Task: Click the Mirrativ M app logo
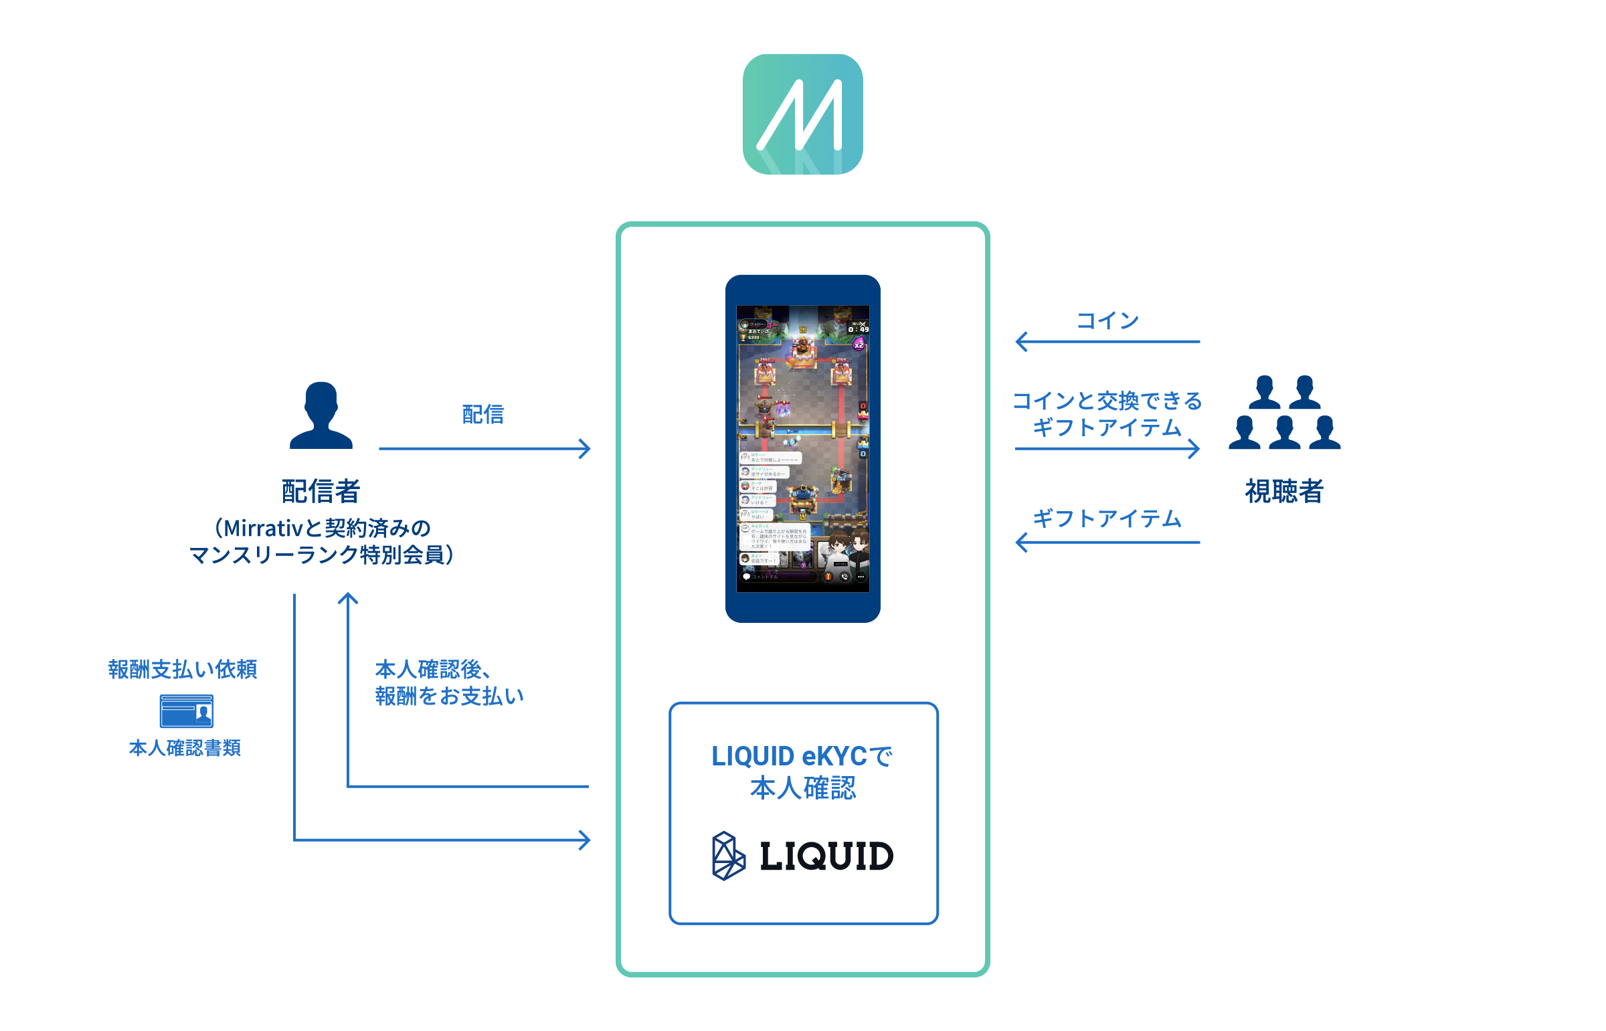point(802,114)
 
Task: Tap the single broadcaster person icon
point(321,415)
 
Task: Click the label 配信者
point(321,490)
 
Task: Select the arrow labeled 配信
point(484,448)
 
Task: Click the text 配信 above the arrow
point(482,414)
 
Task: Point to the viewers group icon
point(1284,412)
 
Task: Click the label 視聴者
point(1284,490)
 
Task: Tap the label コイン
point(1107,320)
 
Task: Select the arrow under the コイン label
point(1107,341)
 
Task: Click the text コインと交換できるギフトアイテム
point(1107,413)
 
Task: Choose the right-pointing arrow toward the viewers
point(1107,448)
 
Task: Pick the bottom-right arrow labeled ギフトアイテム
point(1107,542)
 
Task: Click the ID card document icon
point(186,711)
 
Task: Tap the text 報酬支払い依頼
point(183,669)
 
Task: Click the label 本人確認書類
point(185,747)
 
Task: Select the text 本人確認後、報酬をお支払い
point(448,682)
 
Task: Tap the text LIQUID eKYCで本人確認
point(802,771)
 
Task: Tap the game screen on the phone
point(802,448)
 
